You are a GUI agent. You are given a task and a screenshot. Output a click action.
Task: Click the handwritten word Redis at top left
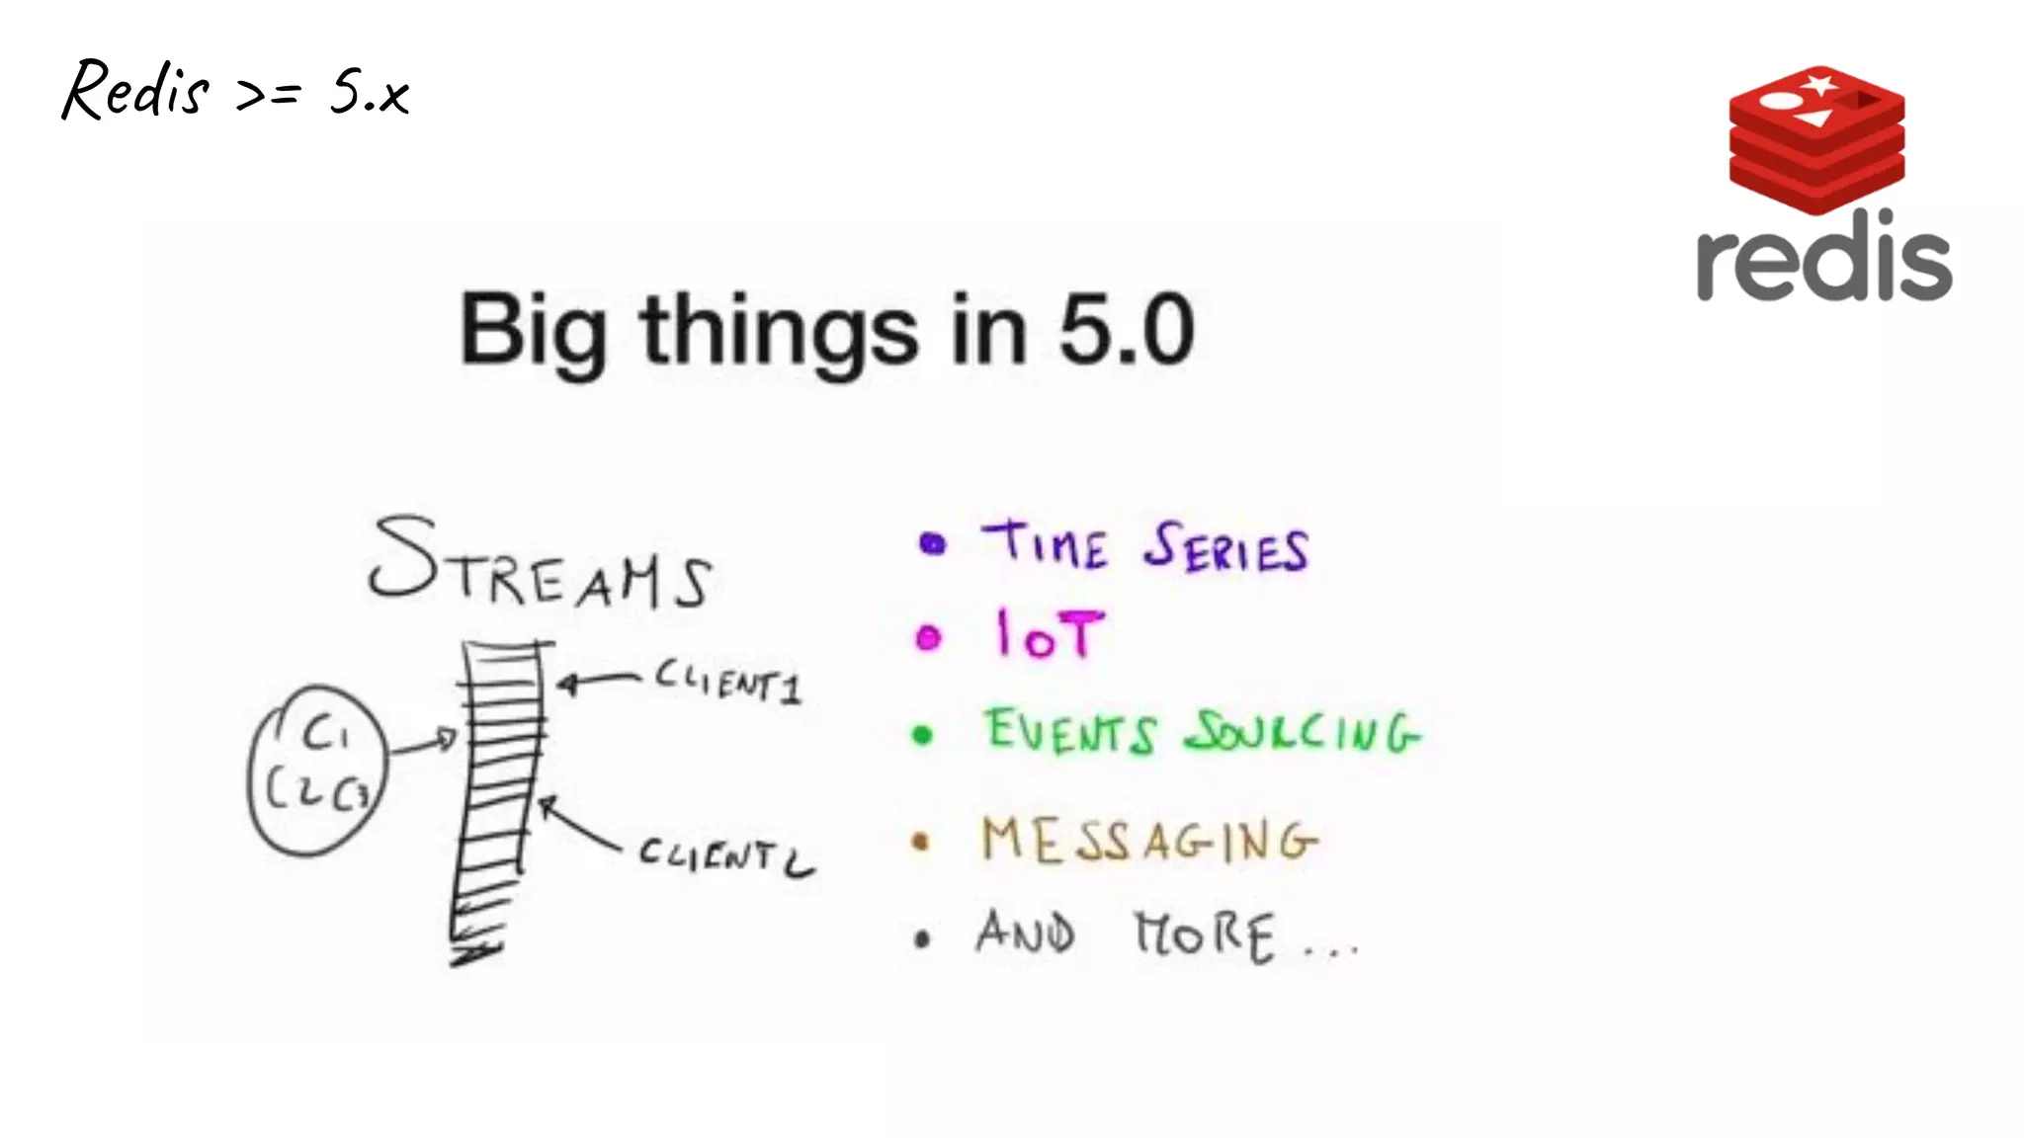[135, 91]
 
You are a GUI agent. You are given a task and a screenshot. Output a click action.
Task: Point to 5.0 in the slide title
[1126, 330]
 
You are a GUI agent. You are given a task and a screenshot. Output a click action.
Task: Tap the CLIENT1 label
[729, 682]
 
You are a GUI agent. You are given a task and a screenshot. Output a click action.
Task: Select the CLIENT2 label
[726, 855]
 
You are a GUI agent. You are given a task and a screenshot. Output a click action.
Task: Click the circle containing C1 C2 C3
[317, 769]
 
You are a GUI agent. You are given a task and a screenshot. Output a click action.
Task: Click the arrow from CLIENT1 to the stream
[599, 681]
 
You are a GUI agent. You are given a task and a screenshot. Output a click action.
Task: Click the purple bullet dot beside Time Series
[932, 543]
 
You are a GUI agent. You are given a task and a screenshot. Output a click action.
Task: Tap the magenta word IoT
[1049, 635]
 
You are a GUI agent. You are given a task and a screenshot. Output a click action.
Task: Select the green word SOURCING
[1303, 733]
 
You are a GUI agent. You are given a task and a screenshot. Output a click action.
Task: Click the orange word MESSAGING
[1148, 841]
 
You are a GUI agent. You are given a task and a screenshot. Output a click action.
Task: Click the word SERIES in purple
[1226, 548]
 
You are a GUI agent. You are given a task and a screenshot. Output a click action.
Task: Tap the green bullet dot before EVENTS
[922, 735]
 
